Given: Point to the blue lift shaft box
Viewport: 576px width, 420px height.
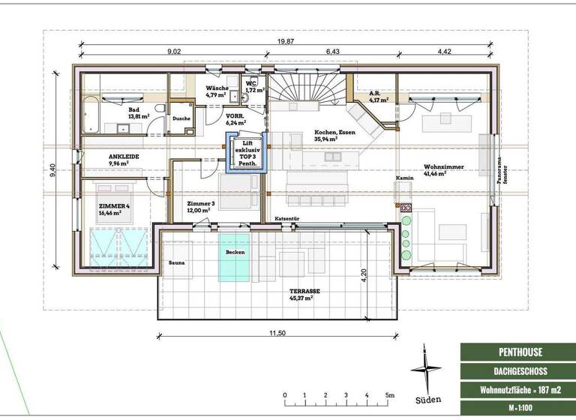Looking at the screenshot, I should (244, 154).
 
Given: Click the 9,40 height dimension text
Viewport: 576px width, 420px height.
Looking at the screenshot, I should (52, 172).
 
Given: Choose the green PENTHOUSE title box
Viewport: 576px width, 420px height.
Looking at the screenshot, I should (510, 351).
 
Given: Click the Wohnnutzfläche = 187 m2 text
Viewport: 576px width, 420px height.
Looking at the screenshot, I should (510, 389).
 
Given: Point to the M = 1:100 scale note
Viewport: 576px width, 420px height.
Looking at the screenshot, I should (510, 407).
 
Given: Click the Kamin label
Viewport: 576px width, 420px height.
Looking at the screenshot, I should (405, 178).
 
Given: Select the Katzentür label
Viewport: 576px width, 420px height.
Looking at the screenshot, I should (286, 218).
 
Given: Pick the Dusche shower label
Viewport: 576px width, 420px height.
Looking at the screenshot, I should (181, 118).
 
